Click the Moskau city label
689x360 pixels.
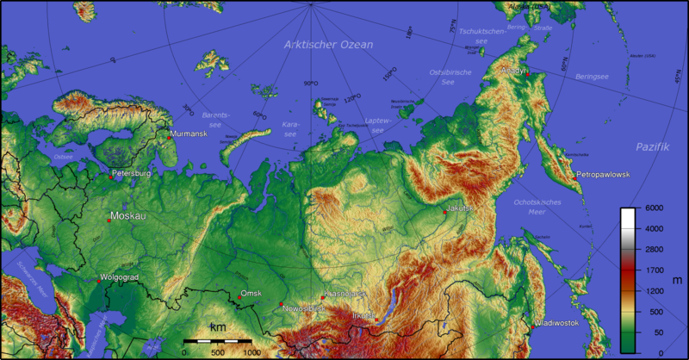pyautogui.click(x=128, y=215)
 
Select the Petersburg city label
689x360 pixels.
pyautogui.click(x=132, y=173)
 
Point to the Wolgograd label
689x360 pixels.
pyautogui.click(x=120, y=278)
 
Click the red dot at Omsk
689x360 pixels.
pyautogui.click(x=239, y=298)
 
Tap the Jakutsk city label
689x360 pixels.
pyautogui.click(x=460, y=208)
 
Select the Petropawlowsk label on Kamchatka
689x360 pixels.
pyautogui.click(x=603, y=175)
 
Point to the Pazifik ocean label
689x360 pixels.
pyautogui.click(x=652, y=147)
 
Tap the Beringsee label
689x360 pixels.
pyautogui.click(x=593, y=77)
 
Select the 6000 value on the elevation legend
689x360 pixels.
pyautogui.click(x=654, y=208)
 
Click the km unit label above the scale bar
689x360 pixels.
pyautogui.click(x=217, y=328)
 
